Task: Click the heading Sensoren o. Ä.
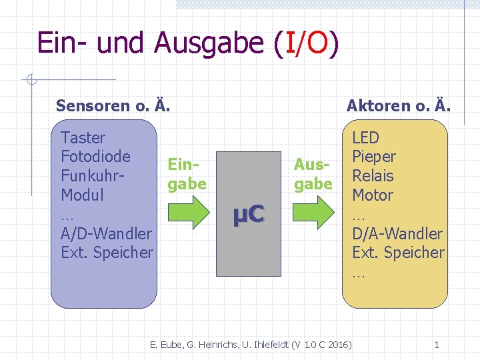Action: (113, 105)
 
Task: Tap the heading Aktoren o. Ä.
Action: (399, 105)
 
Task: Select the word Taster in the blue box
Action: (83, 138)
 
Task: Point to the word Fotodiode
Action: (95, 157)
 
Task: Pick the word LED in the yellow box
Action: (365, 138)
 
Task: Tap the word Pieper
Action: (374, 157)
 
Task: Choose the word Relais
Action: (373, 176)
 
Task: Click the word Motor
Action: (373, 195)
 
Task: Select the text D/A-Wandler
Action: (397, 233)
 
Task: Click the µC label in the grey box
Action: (249, 214)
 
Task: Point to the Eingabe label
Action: (187, 173)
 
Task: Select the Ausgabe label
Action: (313, 173)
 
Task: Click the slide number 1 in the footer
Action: (437, 345)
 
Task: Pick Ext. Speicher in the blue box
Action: (107, 253)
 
